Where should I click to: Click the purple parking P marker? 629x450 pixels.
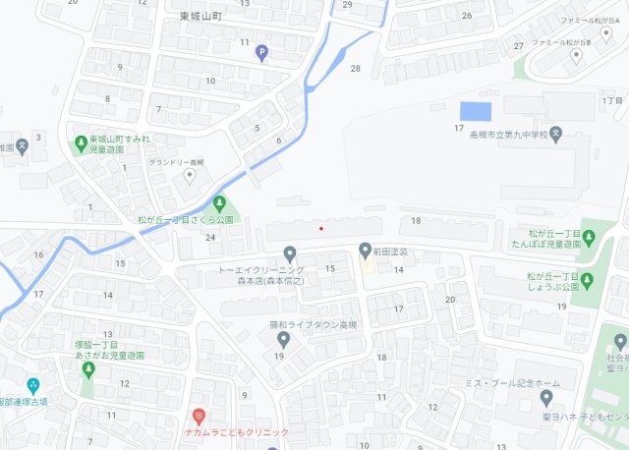pyautogui.click(x=261, y=53)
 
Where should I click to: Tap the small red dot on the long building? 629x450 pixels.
pyautogui.click(x=320, y=229)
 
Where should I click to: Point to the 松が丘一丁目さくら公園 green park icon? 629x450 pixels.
pyautogui.click(x=219, y=202)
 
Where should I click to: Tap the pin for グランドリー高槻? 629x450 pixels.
pyautogui.click(x=191, y=176)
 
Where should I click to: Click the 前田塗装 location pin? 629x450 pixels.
pyautogui.click(x=365, y=250)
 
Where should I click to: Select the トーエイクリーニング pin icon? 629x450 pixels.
pyautogui.click(x=289, y=253)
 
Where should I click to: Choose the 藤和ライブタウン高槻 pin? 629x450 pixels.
pyautogui.click(x=283, y=339)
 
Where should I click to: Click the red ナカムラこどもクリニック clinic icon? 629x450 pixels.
pyautogui.click(x=199, y=416)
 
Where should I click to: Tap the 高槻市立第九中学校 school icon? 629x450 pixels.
pyautogui.click(x=555, y=133)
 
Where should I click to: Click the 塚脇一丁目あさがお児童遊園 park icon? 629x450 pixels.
pyautogui.click(x=87, y=369)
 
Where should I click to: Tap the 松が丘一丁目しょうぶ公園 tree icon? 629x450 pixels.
pyautogui.click(x=587, y=280)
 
